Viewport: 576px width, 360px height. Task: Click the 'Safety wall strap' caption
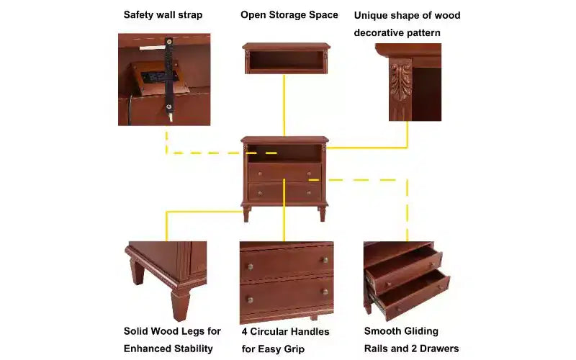[163, 15]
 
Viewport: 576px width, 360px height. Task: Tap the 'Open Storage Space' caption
[289, 15]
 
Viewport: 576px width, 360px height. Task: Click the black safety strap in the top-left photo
[169, 76]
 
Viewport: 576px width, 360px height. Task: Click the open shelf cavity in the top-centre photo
[286, 60]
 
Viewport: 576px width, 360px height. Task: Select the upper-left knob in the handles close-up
[250, 266]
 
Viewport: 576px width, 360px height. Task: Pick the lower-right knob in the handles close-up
[325, 292]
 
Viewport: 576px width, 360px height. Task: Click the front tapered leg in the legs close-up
[180, 305]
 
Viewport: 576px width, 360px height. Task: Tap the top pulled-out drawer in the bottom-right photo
[404, 267]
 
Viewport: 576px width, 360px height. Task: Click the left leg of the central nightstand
[246, 214]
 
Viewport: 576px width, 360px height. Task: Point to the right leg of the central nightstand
[323, 213]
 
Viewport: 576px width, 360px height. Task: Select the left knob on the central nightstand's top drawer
[260, 174]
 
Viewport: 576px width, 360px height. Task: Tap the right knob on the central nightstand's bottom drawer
[309, 193]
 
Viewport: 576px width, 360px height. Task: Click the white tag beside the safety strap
[152, 48]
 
